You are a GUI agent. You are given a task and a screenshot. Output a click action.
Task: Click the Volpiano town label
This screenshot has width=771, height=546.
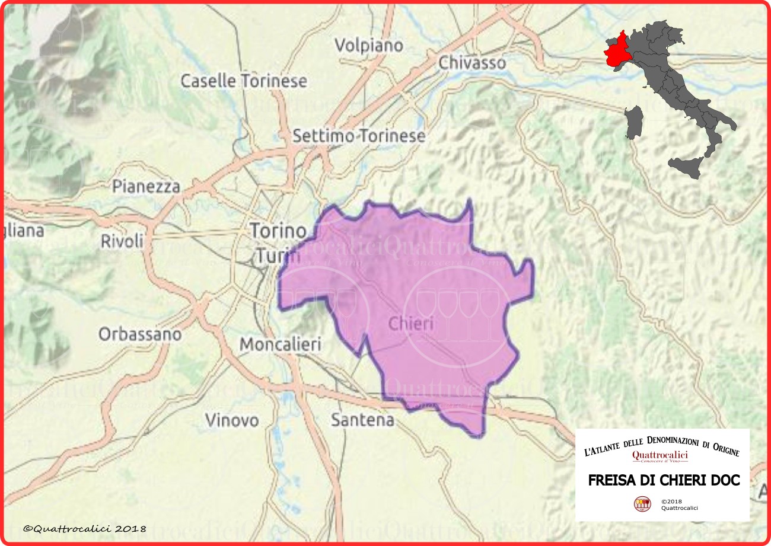[368, 46]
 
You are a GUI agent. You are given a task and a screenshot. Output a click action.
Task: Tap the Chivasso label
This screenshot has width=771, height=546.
[472, 62]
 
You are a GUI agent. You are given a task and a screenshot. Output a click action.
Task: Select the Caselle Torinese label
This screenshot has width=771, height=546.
[244, 81]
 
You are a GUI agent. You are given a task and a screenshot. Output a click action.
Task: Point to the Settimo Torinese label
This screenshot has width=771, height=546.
[359, 136]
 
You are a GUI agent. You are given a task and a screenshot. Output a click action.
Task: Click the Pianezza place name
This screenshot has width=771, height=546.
[146, 186]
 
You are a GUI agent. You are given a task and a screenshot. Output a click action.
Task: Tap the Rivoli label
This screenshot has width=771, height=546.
[122, 241]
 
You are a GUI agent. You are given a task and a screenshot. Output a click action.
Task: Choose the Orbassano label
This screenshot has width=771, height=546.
[140, 334]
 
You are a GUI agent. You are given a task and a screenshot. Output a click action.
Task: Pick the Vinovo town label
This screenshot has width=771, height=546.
[232, 420]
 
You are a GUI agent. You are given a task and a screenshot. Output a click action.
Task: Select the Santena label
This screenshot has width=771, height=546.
[362, 420]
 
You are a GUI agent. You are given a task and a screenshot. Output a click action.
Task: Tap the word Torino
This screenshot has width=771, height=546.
[278, 230]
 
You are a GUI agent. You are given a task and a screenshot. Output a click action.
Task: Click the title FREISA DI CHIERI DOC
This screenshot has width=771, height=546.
[664, 480]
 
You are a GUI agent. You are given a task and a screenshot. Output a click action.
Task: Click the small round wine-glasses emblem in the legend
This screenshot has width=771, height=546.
[642, 504]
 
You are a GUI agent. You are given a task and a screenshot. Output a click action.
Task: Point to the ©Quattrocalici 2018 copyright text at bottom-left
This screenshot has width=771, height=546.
[84, 528]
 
